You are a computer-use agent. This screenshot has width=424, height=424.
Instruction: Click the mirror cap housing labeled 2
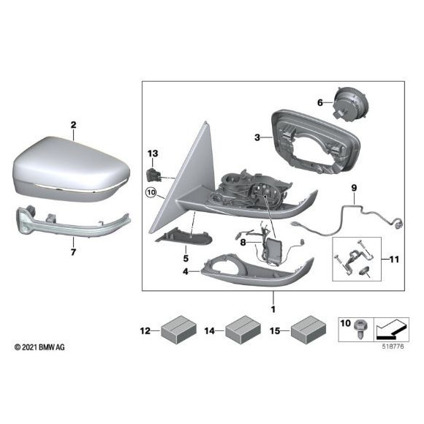[71, 170]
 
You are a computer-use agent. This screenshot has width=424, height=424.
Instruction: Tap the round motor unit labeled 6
[350, 103]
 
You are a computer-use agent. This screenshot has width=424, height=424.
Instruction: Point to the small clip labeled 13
[152, 174]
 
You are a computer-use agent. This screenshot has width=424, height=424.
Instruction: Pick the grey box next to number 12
[178, 330]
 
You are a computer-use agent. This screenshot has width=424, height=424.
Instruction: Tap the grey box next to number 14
[243, 330]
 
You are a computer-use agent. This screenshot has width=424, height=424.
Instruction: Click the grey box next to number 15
[308, 330]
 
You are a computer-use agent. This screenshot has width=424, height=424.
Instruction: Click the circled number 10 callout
[151, 193]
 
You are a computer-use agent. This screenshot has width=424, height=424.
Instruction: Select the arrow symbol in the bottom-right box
[391, 330]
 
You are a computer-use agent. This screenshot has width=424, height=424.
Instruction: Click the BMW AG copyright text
[39, 347]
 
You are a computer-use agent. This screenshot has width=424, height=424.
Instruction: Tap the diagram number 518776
[393, 347]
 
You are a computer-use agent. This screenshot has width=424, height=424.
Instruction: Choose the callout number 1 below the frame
[273, 309]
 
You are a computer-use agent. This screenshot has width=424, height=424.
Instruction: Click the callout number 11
[394, 260]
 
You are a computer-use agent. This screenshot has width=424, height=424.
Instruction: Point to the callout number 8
[243, 242]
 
